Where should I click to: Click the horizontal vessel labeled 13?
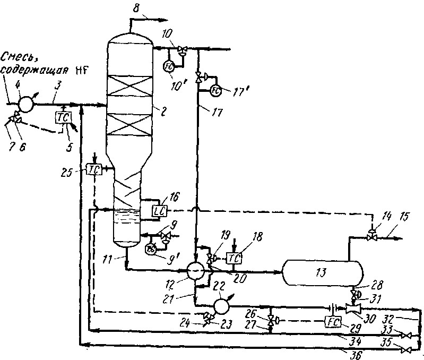[x=323, y=272]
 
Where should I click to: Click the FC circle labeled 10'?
[x=168, y=66]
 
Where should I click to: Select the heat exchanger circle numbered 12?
[x=196, y=270]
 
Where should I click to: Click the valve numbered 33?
[x=406, y=335]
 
